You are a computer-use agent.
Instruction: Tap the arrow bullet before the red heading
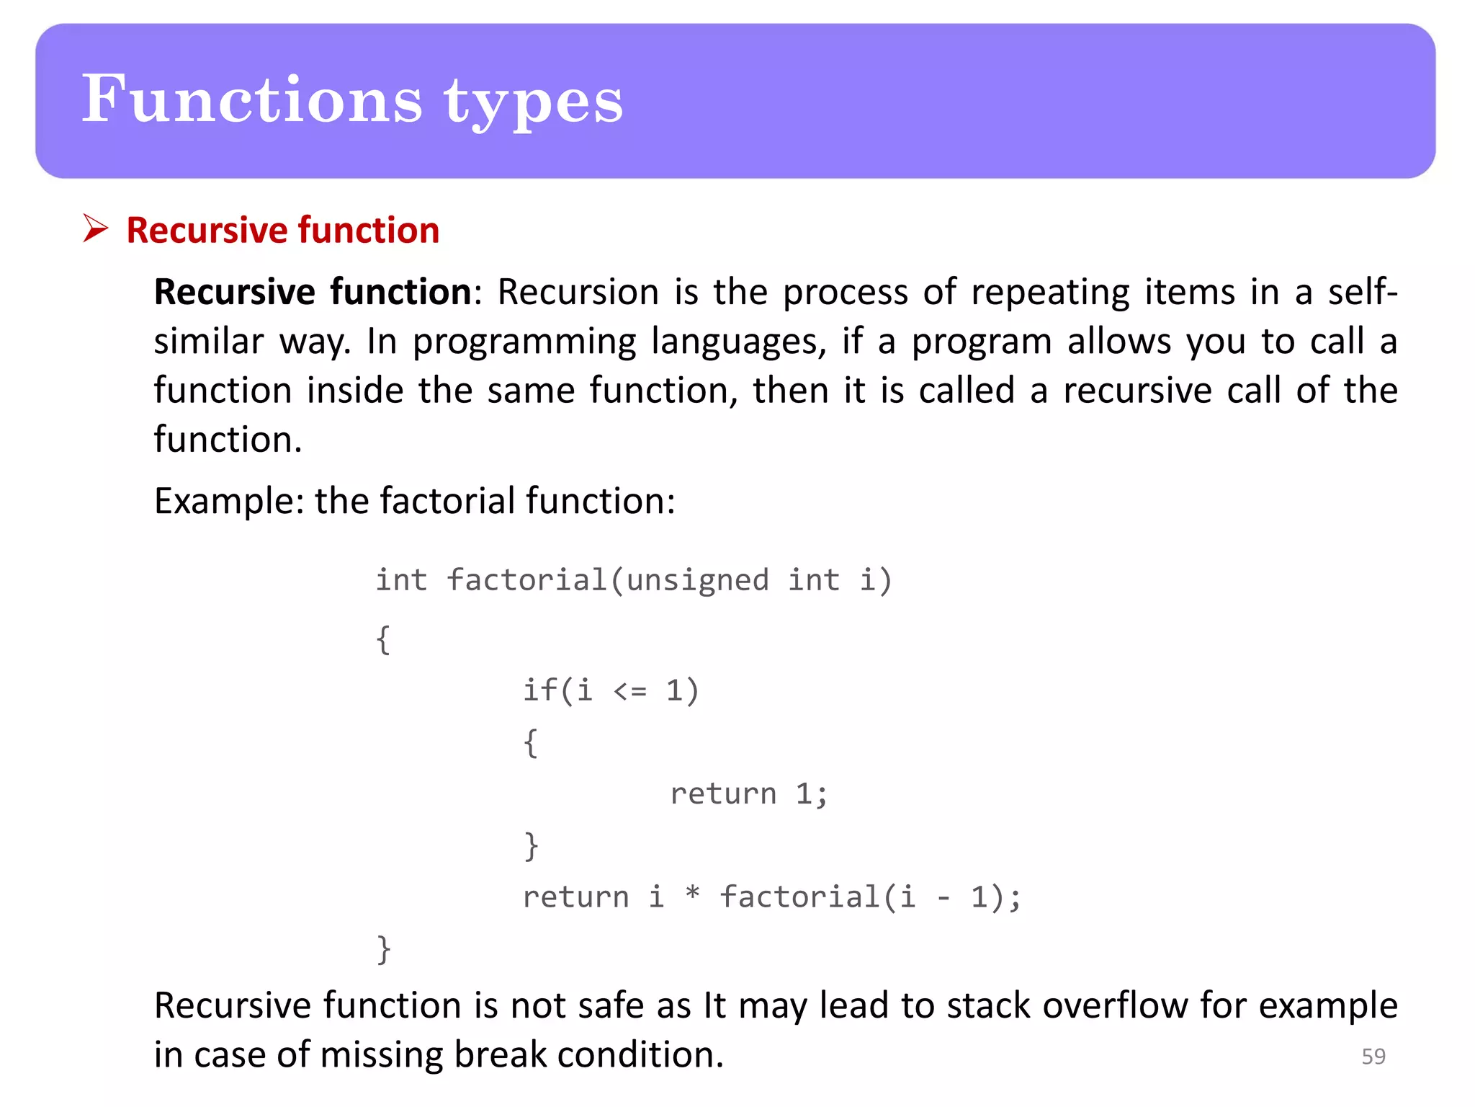pos(95,228)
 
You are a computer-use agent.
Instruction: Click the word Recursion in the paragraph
pos(578,293)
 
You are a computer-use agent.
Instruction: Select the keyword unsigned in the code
pos(697,580)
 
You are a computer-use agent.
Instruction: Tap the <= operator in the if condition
pos(630,691)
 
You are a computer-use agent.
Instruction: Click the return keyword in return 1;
pos(723,793)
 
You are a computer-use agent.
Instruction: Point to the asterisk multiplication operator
pos(692,894)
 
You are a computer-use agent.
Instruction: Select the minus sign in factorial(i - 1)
pos(943,898)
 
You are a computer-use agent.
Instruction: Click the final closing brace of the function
pos(384,949)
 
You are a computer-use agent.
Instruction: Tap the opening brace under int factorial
pos(384,639)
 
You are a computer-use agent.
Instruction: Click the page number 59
pos(1373,1057)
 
